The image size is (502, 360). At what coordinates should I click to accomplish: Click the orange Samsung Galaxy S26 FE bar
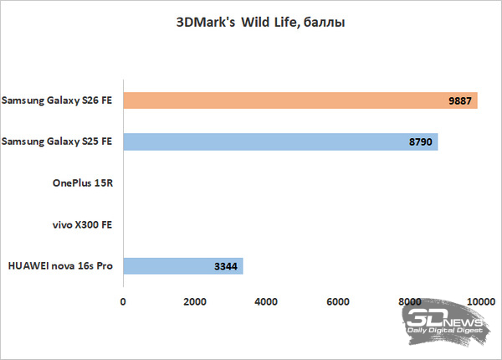[x=300, y=100]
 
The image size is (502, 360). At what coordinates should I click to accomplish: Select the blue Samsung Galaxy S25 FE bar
[x=280, y=141]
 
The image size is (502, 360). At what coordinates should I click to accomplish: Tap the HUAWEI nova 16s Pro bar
[x=183, y=266]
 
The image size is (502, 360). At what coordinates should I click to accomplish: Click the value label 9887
[x=459, y=101]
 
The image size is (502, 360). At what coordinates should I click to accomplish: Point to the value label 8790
[x=420, y=141]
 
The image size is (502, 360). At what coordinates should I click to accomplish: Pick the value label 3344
[x=226, y=266]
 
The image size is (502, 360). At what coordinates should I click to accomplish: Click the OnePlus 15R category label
[x=83, y=183]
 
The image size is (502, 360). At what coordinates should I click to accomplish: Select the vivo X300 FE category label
[x=82, y=224]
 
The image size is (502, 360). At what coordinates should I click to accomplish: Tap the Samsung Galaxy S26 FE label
[x=57, y=100]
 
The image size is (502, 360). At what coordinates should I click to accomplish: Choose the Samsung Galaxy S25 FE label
[x=57, y=141]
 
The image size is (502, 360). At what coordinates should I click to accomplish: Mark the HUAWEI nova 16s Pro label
[x=60, y=266]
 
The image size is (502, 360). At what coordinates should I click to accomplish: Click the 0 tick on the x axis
[x=123, y=301]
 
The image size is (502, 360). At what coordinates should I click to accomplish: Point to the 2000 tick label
[x=195, y=301]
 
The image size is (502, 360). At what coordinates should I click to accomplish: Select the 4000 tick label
[x=266, y=301]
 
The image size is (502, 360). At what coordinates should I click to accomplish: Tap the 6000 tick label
[x=338, y=301]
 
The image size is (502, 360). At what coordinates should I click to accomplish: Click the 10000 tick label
[x=481, y=301]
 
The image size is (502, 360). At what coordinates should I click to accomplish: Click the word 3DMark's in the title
[x=206, y=23]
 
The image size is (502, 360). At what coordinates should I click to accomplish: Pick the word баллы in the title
[x=324, y=23]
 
